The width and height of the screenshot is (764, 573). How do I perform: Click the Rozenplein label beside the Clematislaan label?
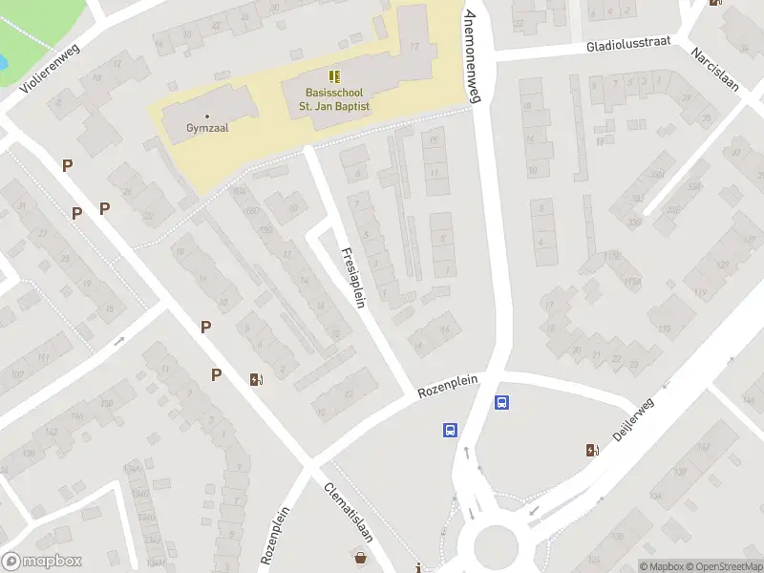pos(274,537)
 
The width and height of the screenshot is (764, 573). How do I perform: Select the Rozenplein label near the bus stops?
pos(447,386)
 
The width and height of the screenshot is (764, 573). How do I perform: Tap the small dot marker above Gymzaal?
pos(207,116)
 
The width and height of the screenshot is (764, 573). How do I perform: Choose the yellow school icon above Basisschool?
pos(333,76)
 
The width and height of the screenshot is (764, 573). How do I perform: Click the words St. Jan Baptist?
pos(337,106)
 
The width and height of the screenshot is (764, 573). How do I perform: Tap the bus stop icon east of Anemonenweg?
pos(502,402)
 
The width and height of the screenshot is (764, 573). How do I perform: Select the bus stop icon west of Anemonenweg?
pos(450,430)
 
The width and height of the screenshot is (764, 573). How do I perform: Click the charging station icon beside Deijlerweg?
pos(593,450)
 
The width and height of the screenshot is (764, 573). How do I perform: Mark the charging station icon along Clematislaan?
pos(255,379)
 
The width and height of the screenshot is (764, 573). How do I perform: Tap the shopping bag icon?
pos(361,558)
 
